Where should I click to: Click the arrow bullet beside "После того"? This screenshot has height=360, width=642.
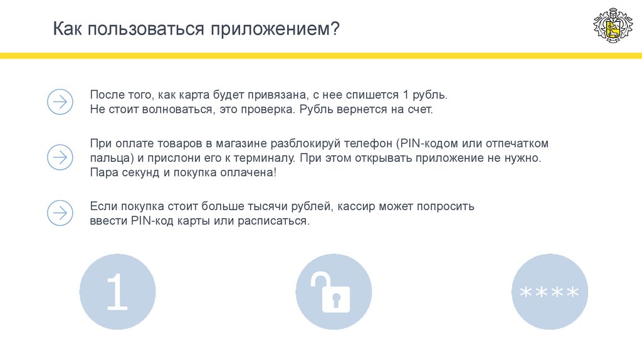pos(60,101)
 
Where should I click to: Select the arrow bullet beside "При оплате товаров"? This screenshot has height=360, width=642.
pos(60,157)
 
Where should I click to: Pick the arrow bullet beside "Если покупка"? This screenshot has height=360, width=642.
pos(60,213)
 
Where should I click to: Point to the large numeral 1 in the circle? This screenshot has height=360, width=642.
pos(117,292)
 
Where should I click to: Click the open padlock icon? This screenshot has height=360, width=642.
pos(332,292)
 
